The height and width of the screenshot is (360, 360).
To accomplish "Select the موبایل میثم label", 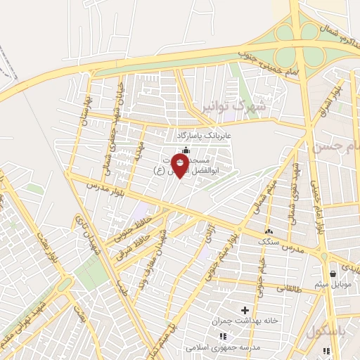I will pyautogui.click(x=333, y=284).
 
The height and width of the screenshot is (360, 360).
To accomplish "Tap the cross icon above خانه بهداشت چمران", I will pyautogui.click(x=245, y=309).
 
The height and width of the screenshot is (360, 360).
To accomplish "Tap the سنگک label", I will pyautogui.click(x=267, y=240).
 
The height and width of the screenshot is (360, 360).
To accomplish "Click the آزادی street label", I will pyautogui.click(x=208, y=239).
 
